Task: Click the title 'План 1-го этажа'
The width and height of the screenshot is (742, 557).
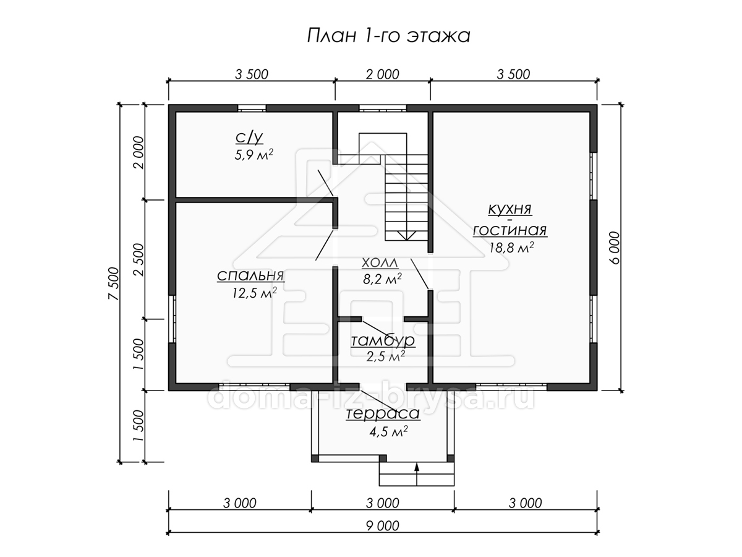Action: click(x=388, y=36)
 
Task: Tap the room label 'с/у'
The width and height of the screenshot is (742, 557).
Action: click(x=249, y=137)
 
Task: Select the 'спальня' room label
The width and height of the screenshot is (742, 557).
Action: click(x=250, y=275)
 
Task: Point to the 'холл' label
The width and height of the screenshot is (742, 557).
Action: click(x=380, y=262)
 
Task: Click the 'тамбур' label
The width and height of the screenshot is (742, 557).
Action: click(x=383, y=340)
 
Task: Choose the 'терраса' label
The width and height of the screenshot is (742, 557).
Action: click(x=383, y=413)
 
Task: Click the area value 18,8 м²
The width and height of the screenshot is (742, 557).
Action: click(x=511, y=248)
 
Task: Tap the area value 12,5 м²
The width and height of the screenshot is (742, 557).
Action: click(x=254, y=293)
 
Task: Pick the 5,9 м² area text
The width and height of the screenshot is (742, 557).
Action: click(x=254, y=155)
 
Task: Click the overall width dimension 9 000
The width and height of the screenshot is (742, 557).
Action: click(x=383, y=526)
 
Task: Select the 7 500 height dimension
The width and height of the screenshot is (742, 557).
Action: click(x=114, y=283)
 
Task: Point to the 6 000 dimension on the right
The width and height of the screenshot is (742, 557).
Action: click(x=615, y=248)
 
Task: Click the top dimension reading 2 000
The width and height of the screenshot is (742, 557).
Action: click(x=383, y=74)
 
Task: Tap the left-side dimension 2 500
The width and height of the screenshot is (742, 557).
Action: click(x=139, y=259)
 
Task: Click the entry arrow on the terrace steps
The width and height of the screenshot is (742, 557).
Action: click(x=417, y=475)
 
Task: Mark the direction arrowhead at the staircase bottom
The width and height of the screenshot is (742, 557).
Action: click(x=406, y=236)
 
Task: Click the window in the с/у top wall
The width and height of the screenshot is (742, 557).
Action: click(x=252, y=108)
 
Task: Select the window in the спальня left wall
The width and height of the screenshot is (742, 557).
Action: click(x=172, y=319)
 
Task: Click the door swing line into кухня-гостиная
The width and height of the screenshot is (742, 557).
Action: click(x=420, y=274)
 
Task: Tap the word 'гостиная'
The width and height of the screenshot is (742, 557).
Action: click(x=510, y=230)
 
